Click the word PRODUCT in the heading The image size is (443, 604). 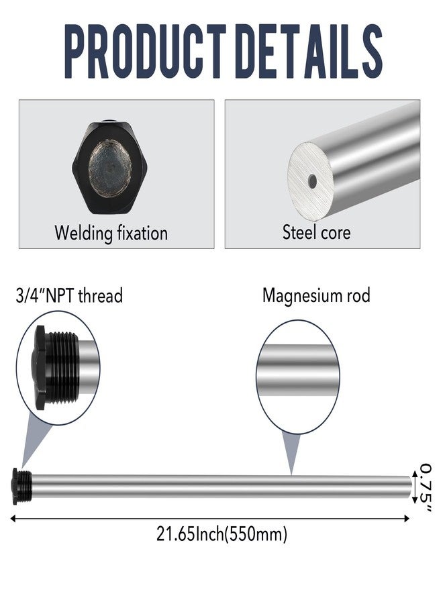[x=145, y=51]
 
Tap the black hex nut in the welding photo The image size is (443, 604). [x=110, y=168]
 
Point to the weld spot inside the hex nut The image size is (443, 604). [x=110, y=168]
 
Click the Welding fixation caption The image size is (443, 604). [x=111, y=233]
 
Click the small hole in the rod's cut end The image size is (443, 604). [x=312, y=181]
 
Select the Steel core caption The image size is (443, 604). [x=316, y=232]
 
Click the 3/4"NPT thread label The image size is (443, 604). [x=69, y=296]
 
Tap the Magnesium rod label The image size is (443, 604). [x=316, y=295]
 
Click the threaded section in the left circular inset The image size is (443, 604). [x=62, y=368]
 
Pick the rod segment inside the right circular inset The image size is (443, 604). [x=297, y=370]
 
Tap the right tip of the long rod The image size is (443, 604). [x=411, y=487]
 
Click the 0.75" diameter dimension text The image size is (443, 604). [x=426, y=488]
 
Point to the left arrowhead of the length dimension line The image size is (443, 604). [x=13, y=519]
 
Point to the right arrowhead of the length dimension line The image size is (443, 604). [x=406, y=519]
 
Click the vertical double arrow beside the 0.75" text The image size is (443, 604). [x=415, y=487]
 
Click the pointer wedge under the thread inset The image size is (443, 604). [x=34, y=441]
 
